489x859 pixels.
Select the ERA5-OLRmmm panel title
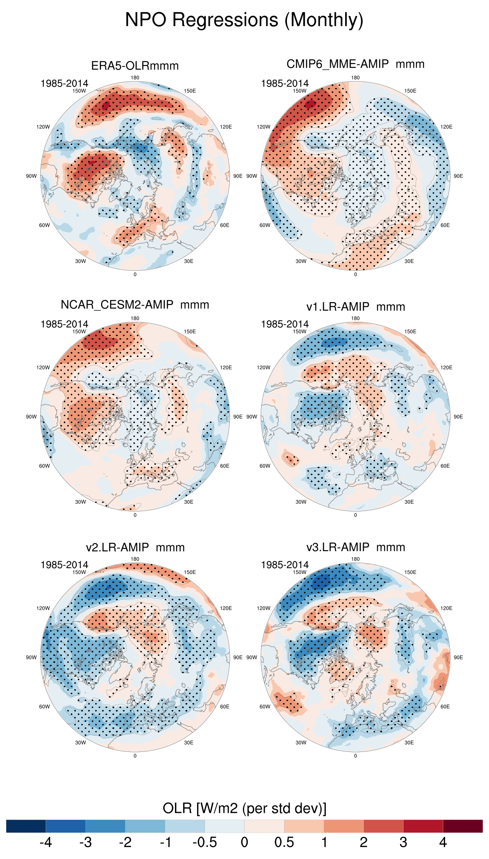coord(135,66)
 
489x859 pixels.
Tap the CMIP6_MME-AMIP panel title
coord(355,64)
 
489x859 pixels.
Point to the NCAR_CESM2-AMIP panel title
coord(135,305)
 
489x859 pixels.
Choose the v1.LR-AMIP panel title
coord(355,307)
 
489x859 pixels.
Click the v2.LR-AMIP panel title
coord(135,548)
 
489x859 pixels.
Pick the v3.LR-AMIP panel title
coord(355,547)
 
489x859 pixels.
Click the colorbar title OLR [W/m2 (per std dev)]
coord(244,808)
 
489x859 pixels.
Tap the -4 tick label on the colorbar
coord(45,842)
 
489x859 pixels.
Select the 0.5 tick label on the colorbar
coord(284,842)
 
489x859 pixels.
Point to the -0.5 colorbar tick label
coord(204,842)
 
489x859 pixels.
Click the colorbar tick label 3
coord(403,842)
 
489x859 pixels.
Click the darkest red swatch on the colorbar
coord(463,826)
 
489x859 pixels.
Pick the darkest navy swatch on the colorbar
coord(26,826)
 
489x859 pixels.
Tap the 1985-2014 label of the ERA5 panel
coord(65,83)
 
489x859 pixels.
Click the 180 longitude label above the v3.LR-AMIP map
coord(355,559)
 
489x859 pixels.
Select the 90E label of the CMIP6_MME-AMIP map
coord(458,176)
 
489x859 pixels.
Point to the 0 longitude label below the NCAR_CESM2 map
coord(135,515)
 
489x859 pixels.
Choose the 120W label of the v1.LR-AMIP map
coord(264,367)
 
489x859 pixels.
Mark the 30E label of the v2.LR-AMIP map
coord(189,742)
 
